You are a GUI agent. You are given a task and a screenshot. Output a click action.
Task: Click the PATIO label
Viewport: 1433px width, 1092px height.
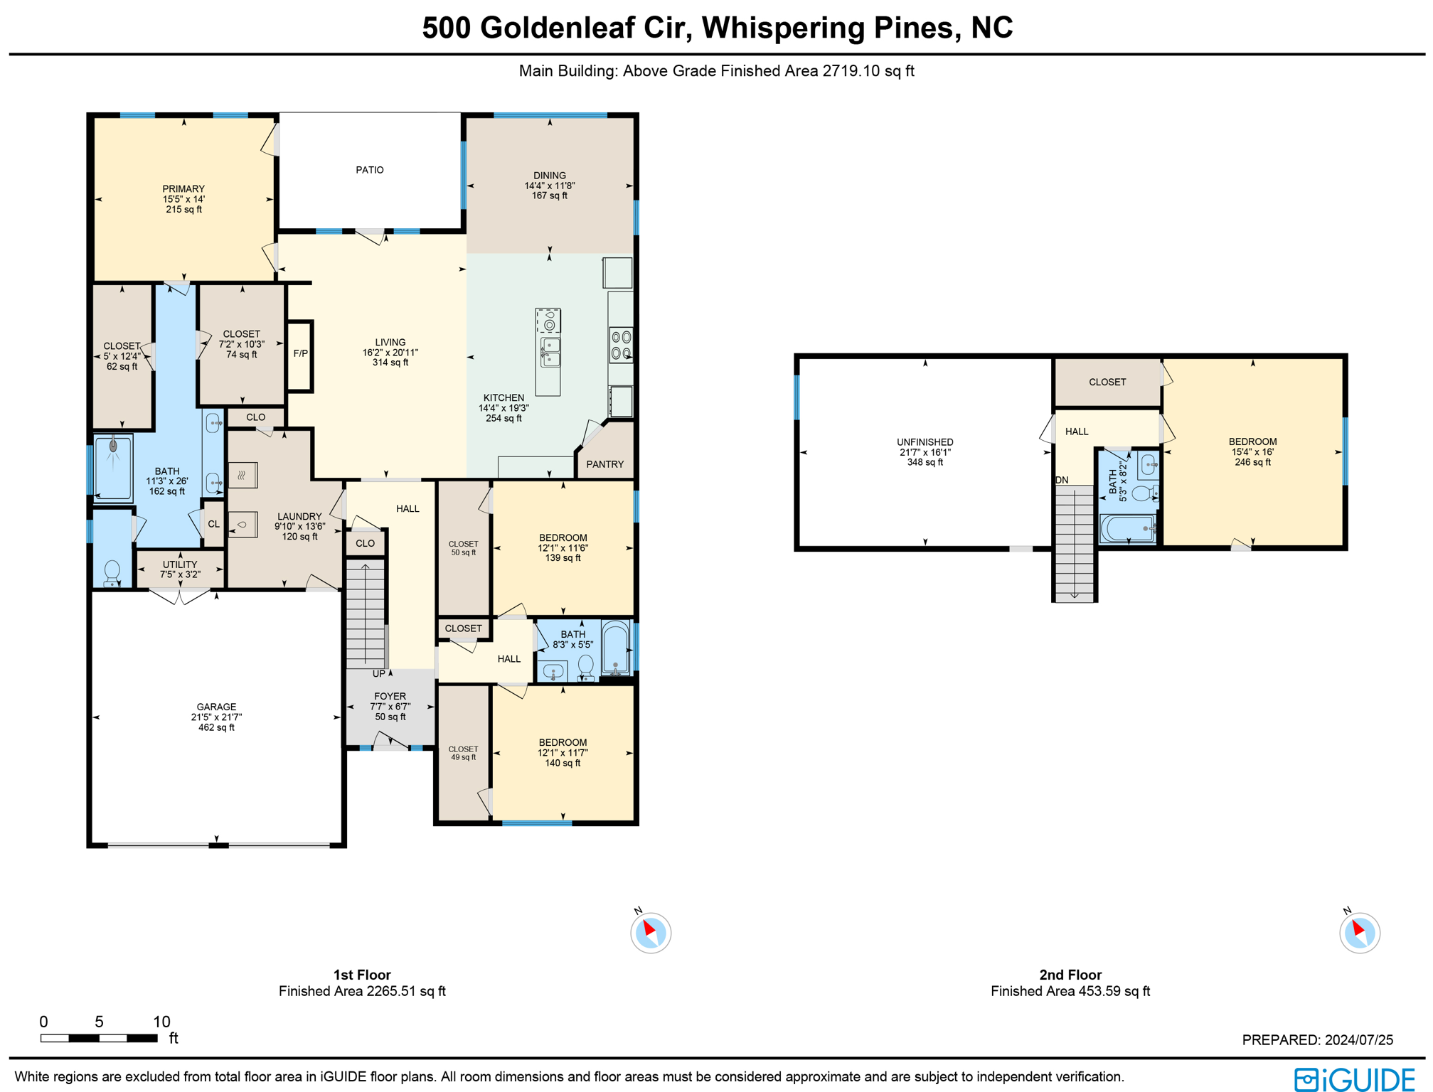(x=369, y=170)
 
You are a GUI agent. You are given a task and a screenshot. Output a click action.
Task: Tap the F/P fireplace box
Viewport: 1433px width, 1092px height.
(x=300, y=353)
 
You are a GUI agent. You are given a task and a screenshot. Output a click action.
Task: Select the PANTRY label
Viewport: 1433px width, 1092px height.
(x=604, y=464)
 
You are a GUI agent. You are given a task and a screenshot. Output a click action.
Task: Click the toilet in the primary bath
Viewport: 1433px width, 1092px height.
(x=112, y=572)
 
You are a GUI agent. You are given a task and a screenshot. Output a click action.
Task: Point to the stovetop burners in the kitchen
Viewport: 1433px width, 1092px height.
(x=621, y=345)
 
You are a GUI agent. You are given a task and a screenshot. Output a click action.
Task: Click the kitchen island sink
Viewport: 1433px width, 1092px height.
(x=550, y=352)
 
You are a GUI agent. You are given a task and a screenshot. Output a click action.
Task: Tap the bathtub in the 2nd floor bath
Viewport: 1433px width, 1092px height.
(x=1127, y=529)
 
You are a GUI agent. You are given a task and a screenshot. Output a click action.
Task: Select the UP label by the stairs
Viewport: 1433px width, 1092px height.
(x=379, y=673)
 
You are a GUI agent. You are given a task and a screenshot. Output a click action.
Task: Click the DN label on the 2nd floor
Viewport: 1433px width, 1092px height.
(x=1061, y=480)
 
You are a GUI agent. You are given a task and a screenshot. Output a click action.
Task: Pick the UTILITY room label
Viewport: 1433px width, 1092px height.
(x=180, y=564)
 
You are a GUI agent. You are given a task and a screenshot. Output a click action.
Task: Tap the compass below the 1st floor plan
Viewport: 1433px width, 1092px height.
(x=650, y=932)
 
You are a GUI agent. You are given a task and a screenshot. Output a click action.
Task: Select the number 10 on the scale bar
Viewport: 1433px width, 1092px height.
(x=161, y=1022)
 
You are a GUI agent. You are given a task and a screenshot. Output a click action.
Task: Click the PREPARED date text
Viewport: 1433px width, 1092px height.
(x=1317, y=1039)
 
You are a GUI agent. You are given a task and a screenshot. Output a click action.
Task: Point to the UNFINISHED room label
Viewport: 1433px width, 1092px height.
(x=925, y=442)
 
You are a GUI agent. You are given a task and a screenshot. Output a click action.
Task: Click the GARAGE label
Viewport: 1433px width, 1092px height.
(x=216, y=707)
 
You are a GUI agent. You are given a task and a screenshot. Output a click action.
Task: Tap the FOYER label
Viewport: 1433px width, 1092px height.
(x=390, y=697)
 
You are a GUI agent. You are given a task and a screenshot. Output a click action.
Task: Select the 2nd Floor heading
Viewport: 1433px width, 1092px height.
(x=1070, y=975)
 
